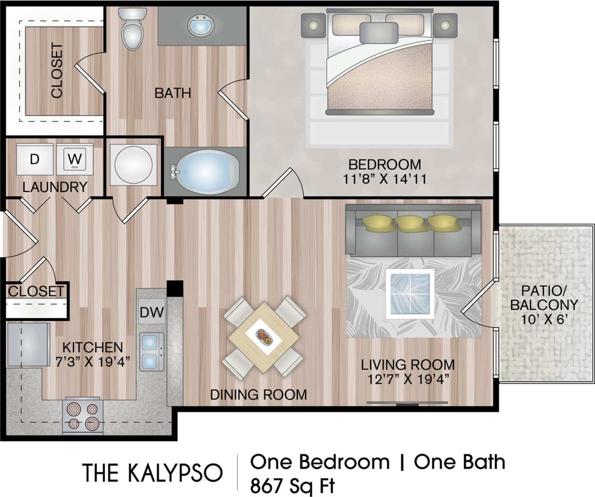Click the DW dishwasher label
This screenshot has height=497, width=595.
click(x=151, y=312)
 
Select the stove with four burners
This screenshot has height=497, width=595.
click(x=83, y=416)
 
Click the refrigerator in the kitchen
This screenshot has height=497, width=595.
click(x=29, y=345)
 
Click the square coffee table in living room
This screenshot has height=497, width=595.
click(x=410, y=293)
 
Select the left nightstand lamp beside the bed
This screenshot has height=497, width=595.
click(x=313, y=25)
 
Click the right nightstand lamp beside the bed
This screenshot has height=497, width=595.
click(x=445, y=25)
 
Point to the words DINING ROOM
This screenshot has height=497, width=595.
click(x=258, y=394)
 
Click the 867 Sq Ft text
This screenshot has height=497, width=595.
click(x=293, y=486)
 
